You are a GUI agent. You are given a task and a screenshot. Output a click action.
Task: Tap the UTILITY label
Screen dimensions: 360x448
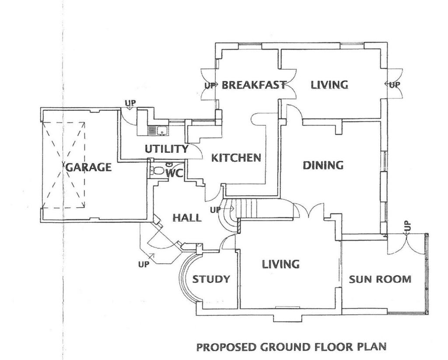coord(166,149)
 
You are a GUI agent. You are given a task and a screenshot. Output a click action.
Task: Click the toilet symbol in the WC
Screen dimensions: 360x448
coord(155,171)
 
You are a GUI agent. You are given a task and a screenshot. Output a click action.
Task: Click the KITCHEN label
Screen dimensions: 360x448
coord(236,157)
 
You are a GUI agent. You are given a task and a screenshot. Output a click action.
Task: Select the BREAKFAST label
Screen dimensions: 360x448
coord(254,84)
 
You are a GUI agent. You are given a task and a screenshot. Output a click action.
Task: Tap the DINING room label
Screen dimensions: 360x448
coord(323,165)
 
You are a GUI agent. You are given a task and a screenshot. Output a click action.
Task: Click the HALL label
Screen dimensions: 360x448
coord(187,217)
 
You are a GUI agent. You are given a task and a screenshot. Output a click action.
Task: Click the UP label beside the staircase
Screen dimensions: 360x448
coord(215,210)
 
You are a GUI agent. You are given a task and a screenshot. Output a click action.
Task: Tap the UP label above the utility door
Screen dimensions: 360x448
coord(130,103)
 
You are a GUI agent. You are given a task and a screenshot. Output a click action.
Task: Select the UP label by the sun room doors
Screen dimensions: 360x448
coord(408,226)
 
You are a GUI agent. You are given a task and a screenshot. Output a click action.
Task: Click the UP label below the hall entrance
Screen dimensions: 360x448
coord(143,264)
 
